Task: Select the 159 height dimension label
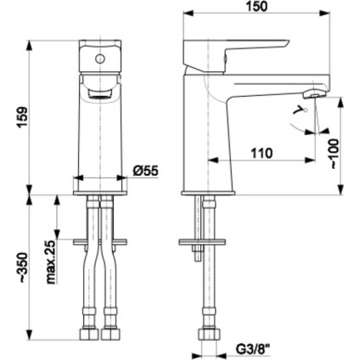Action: [x=23, y=117]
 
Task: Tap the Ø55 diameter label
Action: [x=146, y=171]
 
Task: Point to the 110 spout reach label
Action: [x=262, y=153]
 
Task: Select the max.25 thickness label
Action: [x=51, y=262]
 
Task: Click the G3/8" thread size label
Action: [x=253, y=348]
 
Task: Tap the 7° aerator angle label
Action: [x=299, y=111]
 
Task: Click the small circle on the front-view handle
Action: [x=100, y=59]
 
